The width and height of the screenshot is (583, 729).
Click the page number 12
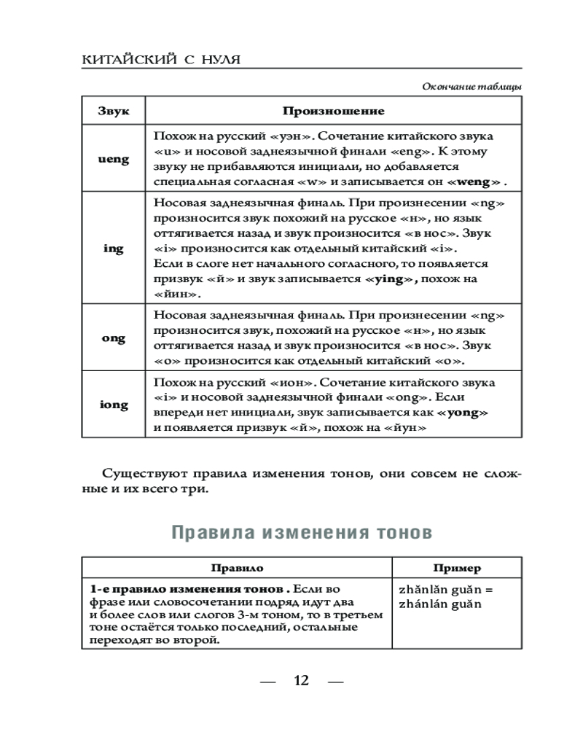click(301, 681)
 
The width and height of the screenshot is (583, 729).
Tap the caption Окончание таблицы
click(472, 87)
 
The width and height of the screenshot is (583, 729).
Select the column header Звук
click(114, 112)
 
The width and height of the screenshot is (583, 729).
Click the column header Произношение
click(333, 112)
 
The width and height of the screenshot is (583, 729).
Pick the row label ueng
click(114, 159)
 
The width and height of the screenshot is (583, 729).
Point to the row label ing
click(114, 249)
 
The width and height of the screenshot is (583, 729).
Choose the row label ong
click(114, 338)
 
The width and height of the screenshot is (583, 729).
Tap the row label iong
click(114, 405)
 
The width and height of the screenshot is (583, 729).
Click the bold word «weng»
click(474, 182)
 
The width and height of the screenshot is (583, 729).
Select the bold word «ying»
click(392, 279)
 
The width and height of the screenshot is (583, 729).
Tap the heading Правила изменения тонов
click(302, 533)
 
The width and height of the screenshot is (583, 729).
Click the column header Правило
click(237, 568)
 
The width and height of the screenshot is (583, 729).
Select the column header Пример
click(457, 568)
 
